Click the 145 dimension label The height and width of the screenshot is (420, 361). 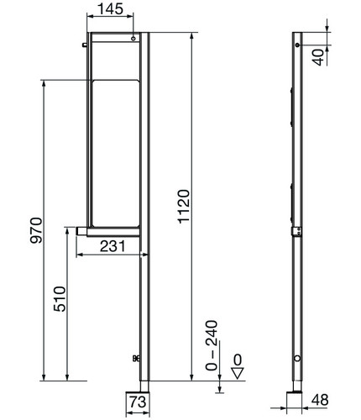point(110,8)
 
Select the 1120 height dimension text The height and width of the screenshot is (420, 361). point(184,207)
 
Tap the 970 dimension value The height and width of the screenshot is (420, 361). point(36,230)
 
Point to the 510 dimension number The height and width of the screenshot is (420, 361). point(60,299)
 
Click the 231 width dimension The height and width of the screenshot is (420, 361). point(112,246)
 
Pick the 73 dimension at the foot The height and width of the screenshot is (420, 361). point(138,402)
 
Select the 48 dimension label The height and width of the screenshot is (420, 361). point(320,401)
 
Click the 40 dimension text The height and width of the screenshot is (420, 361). point(318,58)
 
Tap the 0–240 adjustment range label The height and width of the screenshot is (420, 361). point(212,346)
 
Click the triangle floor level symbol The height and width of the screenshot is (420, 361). point(238,373)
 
